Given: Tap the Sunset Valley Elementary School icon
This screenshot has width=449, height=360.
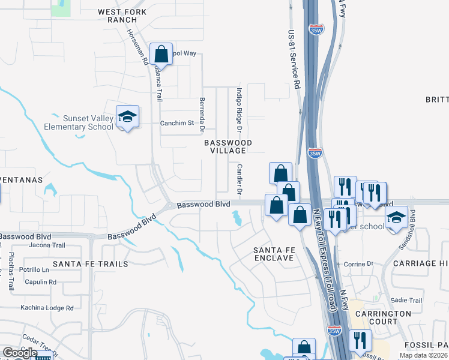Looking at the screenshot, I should click(127, 116).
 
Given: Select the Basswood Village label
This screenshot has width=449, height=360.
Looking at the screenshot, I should click(228, 146).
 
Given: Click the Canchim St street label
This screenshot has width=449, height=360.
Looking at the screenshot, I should click(177, 123).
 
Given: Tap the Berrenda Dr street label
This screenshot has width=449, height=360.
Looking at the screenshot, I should click(202, 115).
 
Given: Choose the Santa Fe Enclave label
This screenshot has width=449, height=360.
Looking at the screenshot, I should click(273, 254).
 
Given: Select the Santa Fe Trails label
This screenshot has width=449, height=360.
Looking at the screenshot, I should click(90, 264).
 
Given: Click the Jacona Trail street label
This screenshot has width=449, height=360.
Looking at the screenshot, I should click(46, 245).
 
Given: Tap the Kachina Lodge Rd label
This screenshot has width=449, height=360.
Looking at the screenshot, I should click(47, 308).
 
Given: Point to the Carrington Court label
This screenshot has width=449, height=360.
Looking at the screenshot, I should click(383, 317).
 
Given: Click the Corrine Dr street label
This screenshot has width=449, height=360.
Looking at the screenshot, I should click(358, 263).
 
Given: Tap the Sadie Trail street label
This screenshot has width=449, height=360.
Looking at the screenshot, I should click(407, 300).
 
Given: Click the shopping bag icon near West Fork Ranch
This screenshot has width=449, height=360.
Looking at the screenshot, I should click(161, 55).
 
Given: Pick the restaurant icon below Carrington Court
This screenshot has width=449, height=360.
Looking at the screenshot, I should click(360, 341).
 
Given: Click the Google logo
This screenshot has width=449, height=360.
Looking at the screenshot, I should click(20, 353).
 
